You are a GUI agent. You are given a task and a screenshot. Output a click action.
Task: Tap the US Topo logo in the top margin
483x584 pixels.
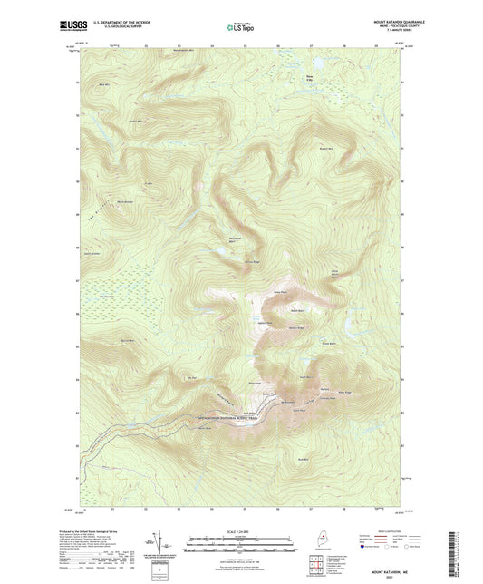[x=241, y=28]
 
